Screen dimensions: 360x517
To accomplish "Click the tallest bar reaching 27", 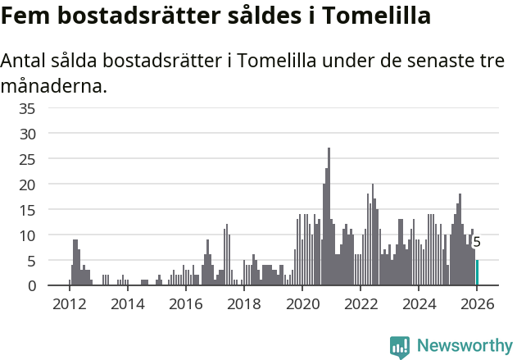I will (329, 217).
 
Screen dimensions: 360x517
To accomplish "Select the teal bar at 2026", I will (477, 273).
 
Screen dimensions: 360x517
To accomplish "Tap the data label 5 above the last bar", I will (477, 243).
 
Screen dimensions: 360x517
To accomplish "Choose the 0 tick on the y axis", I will (53, 286).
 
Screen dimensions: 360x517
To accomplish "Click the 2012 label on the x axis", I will (69, 303).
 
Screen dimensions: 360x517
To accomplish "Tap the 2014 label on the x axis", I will (127, 303).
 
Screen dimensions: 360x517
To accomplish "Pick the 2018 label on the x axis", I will (243, 303).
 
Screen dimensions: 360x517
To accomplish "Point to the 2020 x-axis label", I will (302, 303).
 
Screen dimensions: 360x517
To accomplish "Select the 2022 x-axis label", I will (360, 303).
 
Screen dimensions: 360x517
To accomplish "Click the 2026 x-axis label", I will (477, 303).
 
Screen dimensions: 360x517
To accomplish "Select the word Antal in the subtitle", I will (25, 62).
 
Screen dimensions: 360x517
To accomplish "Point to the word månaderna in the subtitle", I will (54, 85).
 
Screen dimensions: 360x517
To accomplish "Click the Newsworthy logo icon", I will (400, 347).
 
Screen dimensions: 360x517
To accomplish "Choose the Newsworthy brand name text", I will (464, 347).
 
